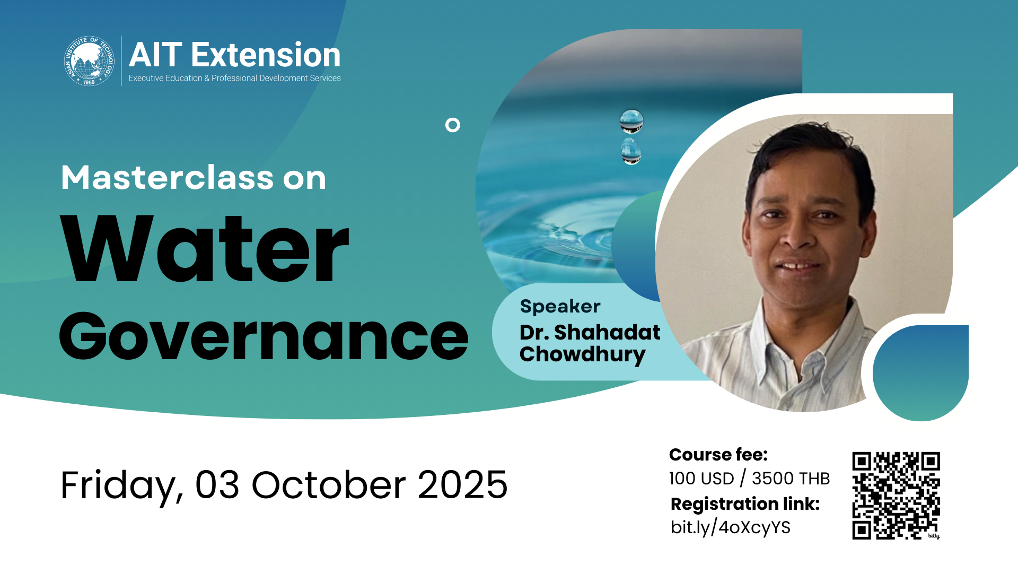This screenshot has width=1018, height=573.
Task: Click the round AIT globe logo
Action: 89,61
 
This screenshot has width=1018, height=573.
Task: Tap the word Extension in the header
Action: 266,55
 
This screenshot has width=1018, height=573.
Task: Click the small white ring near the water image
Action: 453,125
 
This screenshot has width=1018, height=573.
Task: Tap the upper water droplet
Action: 631,121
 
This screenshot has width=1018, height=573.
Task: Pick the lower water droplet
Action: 631,151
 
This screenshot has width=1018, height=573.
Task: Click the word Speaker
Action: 560,307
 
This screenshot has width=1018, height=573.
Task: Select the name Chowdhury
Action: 583,354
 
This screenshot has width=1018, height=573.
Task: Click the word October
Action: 329,485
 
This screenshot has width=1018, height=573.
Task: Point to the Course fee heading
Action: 718,455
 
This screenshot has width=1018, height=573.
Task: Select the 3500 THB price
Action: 791,479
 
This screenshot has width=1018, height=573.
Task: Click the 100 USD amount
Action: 701,479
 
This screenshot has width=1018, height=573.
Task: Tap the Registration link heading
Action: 745,504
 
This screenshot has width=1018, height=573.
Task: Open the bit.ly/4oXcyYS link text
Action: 731,527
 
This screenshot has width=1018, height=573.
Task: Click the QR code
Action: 896,496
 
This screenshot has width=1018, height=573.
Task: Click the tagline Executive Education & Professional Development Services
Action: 234,78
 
